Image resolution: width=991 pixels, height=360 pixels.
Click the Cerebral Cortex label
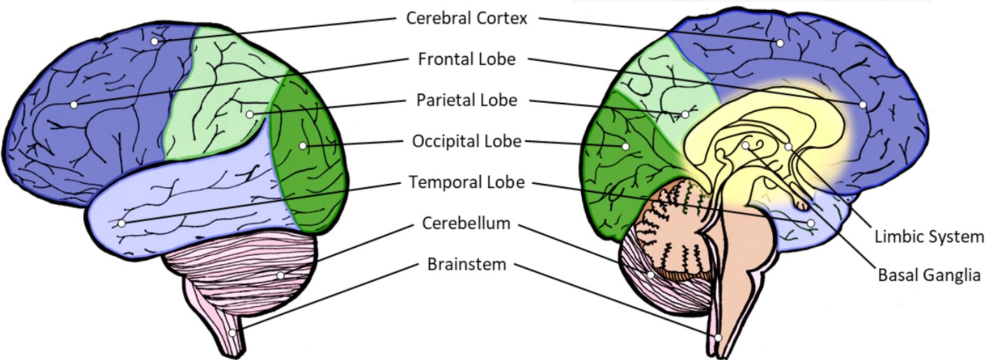(466, 18)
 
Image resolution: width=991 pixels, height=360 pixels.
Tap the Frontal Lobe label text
(466, 59)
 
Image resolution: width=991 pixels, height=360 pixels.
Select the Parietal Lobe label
(466, 100)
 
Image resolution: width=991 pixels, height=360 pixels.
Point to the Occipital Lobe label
(466, 141)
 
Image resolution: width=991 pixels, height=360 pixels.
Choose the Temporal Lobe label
(466, 182)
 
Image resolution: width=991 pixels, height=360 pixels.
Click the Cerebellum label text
(466, 224)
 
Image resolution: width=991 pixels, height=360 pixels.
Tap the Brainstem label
(466, 265)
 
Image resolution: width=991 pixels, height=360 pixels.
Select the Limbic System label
(929, 237)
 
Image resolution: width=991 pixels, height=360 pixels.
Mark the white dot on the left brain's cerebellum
(280, 275)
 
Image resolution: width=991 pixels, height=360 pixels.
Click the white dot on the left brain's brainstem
(233, 333)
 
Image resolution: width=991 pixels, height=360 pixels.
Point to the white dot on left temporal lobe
(122, 224)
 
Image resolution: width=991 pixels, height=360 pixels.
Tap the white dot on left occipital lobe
(302, 145)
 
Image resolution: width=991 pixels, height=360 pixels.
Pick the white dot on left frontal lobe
(73, 105)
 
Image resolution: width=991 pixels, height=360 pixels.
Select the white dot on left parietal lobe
(249, 113)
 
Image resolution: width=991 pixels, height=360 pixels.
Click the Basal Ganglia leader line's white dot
(746, 145)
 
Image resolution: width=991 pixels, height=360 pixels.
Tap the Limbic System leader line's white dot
(788, 147)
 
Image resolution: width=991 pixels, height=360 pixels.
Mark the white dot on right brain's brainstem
(718, 337)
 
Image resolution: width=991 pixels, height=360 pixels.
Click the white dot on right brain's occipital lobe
(625, 146)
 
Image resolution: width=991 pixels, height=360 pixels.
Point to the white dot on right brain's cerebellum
(650, 275)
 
